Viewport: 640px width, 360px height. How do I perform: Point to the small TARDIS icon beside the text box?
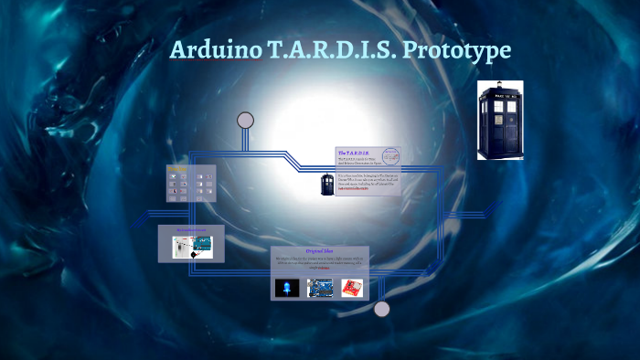click(x=326, y=183)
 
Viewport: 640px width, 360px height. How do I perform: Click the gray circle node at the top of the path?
click(x=245, y=120)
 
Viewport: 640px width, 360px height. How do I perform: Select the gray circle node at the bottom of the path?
click(x=382, y=309)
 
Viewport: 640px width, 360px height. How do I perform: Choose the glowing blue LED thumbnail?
click(x=287, y=289)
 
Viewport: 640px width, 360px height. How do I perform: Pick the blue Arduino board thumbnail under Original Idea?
click(x=319, y=289)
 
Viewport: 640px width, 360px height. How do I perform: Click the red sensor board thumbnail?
click(x=350, y=289)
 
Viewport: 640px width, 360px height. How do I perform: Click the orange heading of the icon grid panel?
click(x=191, y=169)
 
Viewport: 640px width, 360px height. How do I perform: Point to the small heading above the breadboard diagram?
click(x=192, y=230)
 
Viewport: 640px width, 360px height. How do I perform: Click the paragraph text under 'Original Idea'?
click(x=320, y=263)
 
